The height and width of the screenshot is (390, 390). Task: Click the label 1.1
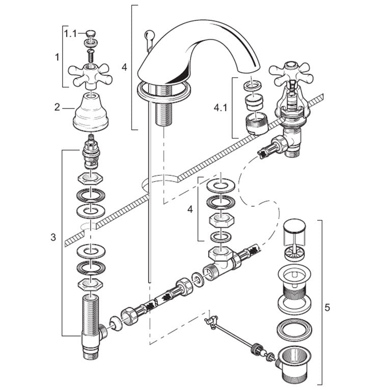point(70,34)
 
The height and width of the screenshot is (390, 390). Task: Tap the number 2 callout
point(58,107)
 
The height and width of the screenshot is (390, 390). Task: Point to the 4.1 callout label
point(220,108)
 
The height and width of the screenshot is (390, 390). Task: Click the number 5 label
point(327,308)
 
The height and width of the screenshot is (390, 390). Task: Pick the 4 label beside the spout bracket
point(124,67)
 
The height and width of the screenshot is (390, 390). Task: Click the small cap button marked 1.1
point(91,34)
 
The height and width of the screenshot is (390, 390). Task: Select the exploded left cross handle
point(91,75)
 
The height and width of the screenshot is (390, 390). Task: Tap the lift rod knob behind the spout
point(148,35)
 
